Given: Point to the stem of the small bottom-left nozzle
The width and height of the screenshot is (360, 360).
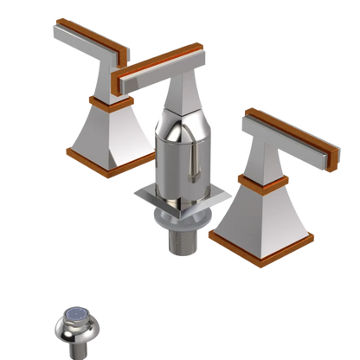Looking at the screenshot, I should tap(80, 343).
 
